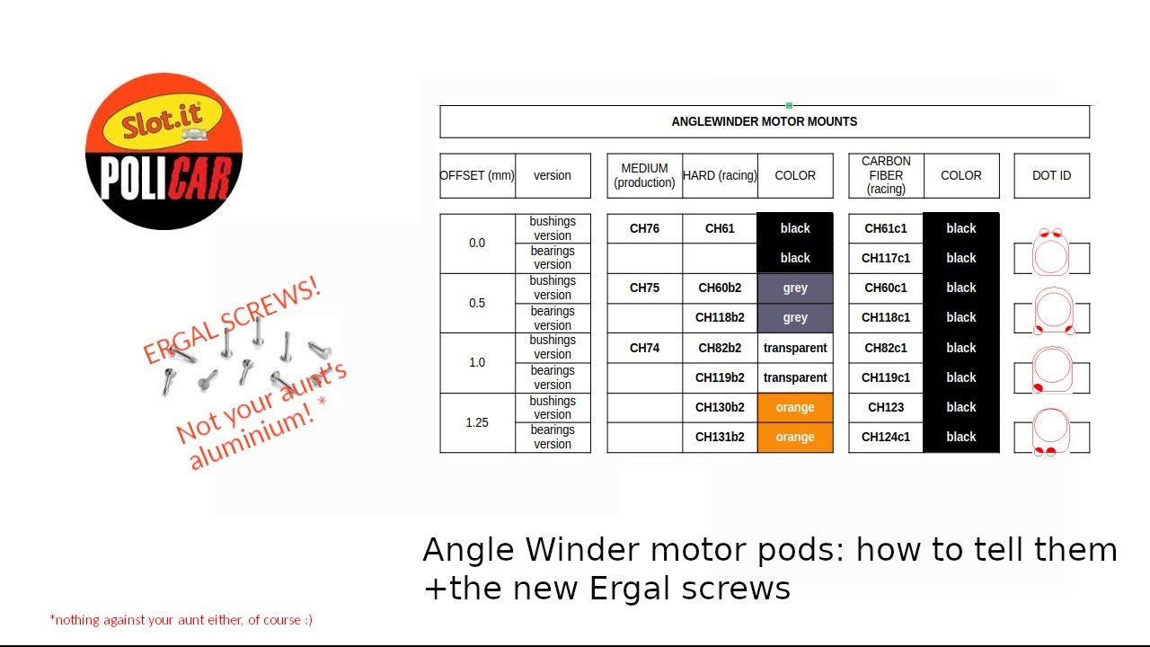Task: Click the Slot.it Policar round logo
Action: (x=164, y=151)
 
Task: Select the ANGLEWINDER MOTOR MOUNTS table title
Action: (x=764, y=121)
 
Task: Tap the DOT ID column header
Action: (x=1051, y=175)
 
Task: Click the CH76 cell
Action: (x=644, y=228)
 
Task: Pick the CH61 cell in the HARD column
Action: (x=720, y=228)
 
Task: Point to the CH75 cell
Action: (x=644, y=288)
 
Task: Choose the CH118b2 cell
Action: (x=720, y=317)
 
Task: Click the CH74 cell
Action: (x=644, y=348)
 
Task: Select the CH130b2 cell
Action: (x=720, y=407)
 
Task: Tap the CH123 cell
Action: (x=885, y=407)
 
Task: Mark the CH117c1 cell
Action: (x=885, y=258)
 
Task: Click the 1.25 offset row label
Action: (x=477, y=422)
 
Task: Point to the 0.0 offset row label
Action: (x=477, y=243)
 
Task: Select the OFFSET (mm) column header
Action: (x=477, y=175)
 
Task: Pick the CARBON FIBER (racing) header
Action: (x=885, y=175)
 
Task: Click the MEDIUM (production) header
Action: (x=644, y=175)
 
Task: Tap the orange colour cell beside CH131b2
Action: (x=795, y=437)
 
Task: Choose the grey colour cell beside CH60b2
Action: (x=795, y=288)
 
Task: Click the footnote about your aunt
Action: (x=181, y=619)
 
